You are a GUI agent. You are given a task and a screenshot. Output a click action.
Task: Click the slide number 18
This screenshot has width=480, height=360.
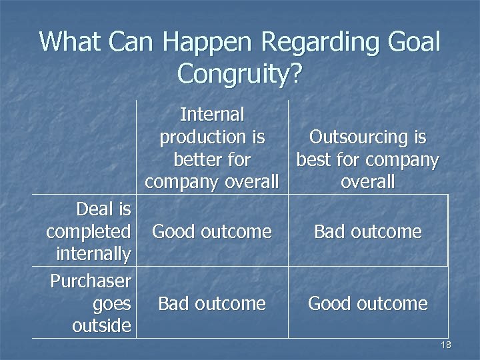pyautogui.click(x=446, y=345)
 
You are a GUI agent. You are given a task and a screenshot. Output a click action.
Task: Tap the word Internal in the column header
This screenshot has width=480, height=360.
pyautogui.click(x=212, y=115)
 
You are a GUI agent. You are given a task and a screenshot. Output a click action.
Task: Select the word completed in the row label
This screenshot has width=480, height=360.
pyautogui.click(x=88, y=232)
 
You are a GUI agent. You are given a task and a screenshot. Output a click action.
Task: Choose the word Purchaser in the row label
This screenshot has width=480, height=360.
pyautogui.click(x=91, y=281)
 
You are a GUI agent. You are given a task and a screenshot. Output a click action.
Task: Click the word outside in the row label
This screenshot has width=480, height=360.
pyautogui.click(x=102, y=326)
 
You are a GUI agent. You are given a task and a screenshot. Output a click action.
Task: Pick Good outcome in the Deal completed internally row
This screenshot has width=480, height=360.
pyautogui.click(x=212, y=232)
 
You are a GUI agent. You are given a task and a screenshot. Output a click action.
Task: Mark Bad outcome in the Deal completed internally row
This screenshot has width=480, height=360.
pyautogui.click(x=367, y=232)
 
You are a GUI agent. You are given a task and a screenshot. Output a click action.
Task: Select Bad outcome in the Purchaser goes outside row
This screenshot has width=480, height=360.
pyautogui.click(x=212, y=304)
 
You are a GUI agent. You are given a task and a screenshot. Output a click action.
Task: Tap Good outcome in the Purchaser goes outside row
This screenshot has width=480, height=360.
pyautogui.click(x=367, y=304)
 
